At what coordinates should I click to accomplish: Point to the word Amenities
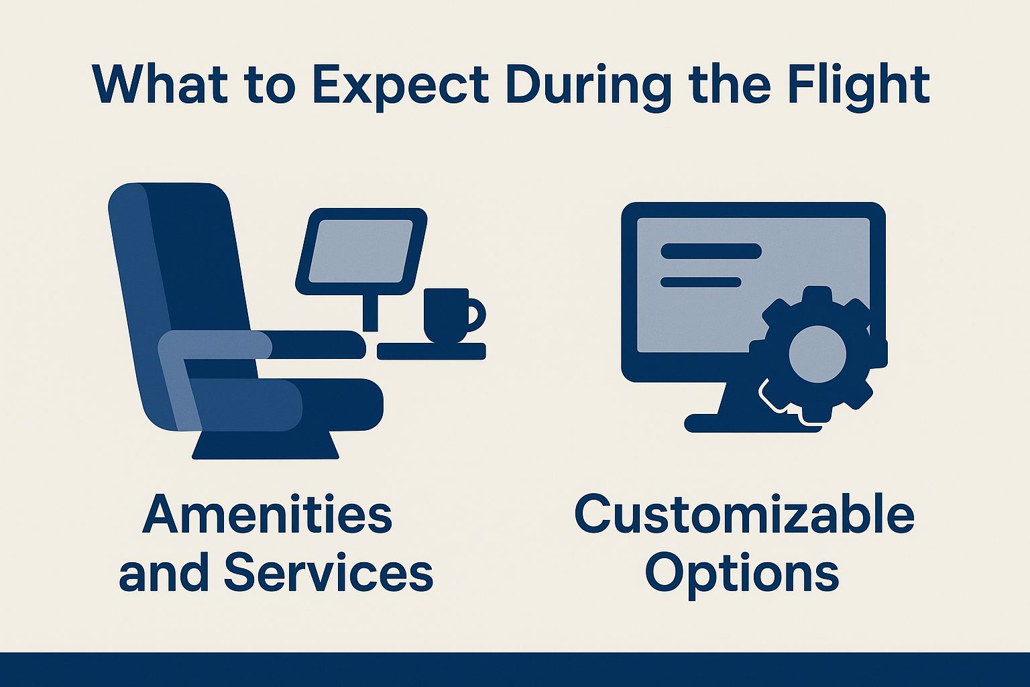tap(267, 515)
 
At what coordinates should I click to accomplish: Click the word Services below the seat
tap(329, 573)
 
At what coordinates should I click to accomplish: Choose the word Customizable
tap(744, 515)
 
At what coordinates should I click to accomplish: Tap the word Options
tap(742, 573)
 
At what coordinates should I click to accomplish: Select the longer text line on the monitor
tap(711, 251)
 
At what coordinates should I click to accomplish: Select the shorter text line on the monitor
tap(700, 282)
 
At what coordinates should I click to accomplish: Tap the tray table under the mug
tap(431, 352)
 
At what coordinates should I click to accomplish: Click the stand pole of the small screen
tap(369, 312)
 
